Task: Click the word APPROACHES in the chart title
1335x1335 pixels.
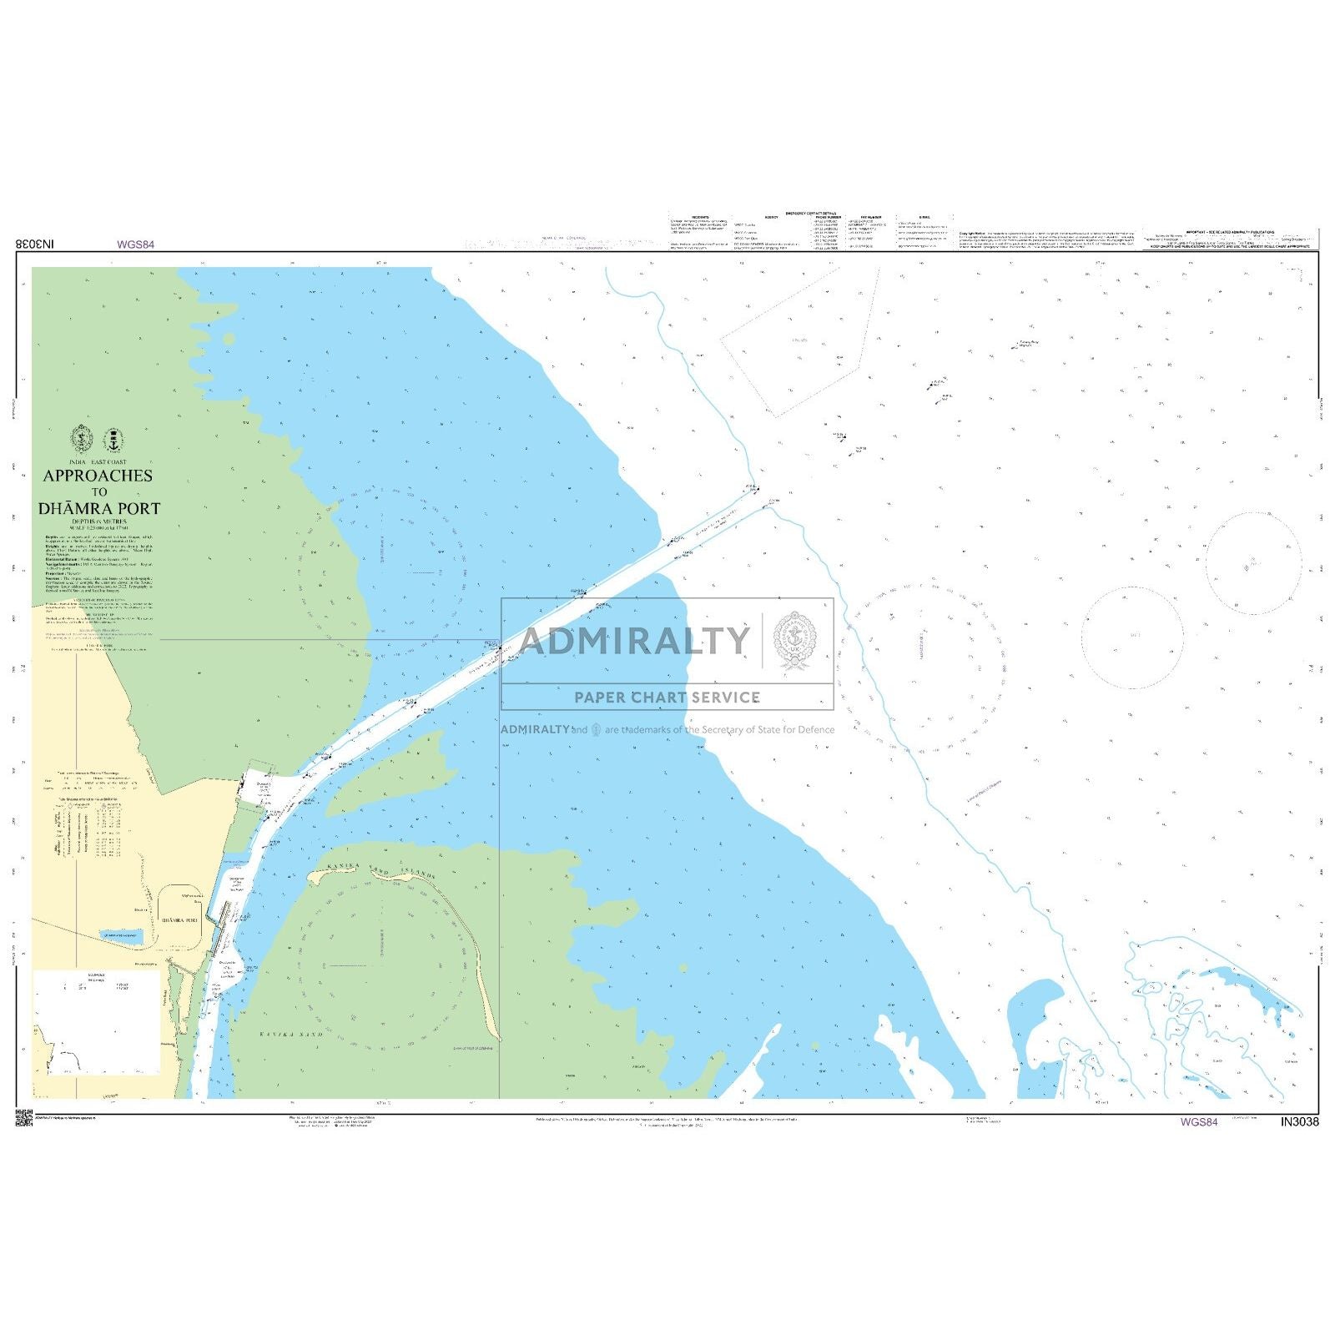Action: (98, 476)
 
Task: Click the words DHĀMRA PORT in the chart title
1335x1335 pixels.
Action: (99, 508)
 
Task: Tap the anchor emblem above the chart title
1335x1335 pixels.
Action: (112, 439)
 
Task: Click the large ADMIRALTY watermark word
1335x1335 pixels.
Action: (634, 641)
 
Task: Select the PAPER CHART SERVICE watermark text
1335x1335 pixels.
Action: (667, 698)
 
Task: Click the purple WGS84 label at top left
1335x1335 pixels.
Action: (135, 244)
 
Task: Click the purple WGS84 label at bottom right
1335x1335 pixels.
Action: (1198, 1121)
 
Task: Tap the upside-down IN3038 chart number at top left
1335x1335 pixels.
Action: (35, 244)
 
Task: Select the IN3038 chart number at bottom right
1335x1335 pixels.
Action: (1299, 1121)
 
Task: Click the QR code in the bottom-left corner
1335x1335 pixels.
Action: (23, 1119)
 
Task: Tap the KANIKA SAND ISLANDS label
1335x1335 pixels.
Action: (380, 871)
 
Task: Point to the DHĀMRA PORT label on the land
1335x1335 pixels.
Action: (179, 919)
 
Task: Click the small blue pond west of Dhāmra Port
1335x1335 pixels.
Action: (121, 937)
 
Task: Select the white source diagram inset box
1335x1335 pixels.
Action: (96, 1022)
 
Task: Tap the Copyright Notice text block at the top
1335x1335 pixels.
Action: (1046, 240)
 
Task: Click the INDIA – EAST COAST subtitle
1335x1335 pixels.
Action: (98, 461)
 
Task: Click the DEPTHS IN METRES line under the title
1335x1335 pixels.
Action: (98, 521)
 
